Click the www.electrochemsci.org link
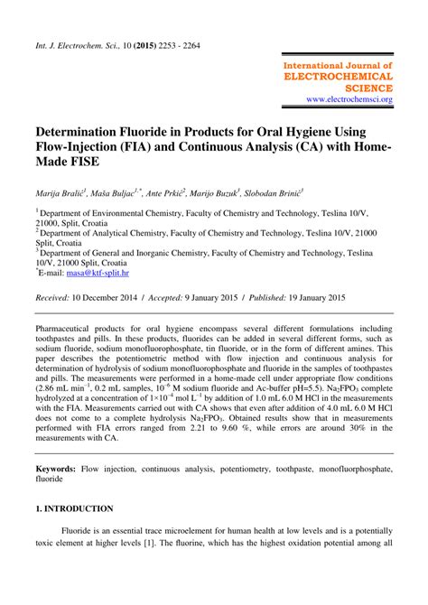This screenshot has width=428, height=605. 349,99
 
